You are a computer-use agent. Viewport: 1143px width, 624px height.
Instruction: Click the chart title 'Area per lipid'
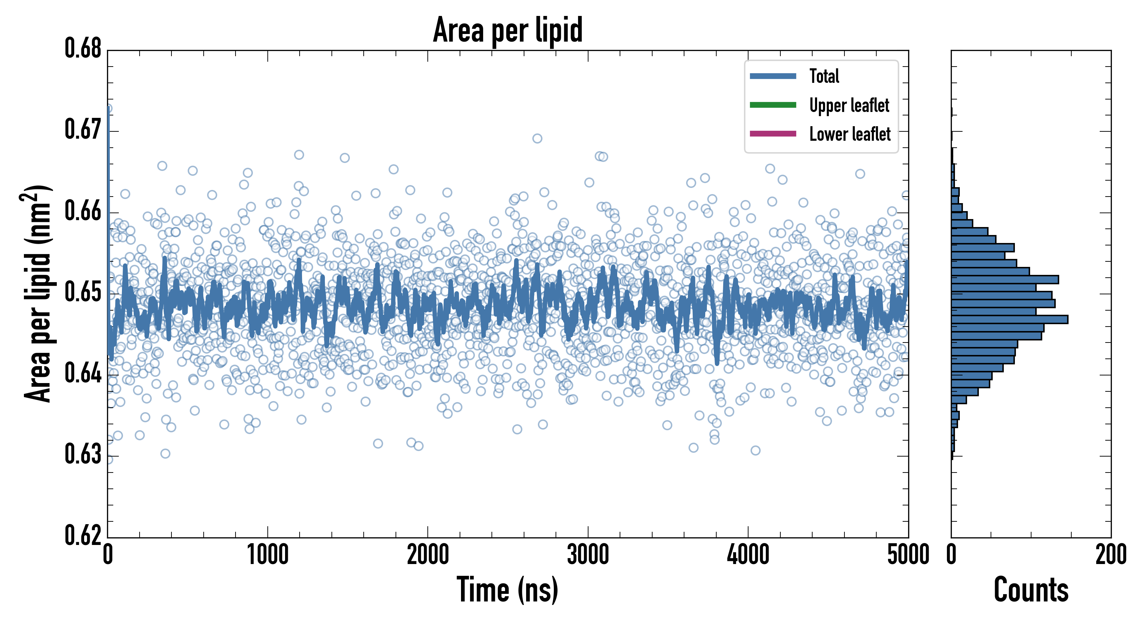[508, 30]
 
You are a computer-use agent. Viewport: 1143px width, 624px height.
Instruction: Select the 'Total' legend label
[824, 76]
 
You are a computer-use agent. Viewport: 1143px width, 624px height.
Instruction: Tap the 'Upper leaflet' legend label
[849, 105]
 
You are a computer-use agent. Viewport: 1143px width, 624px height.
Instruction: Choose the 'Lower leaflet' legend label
[850, 134]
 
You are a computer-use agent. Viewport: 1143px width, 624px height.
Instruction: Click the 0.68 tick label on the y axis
[83, 49]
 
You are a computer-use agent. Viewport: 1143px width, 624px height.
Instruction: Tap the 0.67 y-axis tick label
[83, 130]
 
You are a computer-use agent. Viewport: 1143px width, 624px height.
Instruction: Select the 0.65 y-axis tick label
[83, 292]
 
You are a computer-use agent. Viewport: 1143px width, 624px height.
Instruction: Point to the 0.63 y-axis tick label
[83, 454]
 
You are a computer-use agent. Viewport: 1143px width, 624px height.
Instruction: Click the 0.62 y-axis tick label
[83, 536]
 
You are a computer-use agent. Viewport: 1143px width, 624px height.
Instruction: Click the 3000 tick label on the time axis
[588, 555]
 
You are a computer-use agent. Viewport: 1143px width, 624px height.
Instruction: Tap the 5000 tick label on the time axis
[908, 555]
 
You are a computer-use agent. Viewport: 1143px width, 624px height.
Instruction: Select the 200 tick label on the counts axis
[1110, 555]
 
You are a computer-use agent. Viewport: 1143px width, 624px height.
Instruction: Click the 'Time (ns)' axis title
[508, 590]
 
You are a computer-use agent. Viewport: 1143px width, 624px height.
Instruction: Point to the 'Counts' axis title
[1031, 590]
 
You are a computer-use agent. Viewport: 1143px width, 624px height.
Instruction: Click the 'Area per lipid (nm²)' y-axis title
[38, 294]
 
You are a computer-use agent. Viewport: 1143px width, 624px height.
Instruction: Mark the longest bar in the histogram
[1009, 319]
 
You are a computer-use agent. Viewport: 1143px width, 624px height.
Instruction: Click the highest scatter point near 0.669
[537, 139]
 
